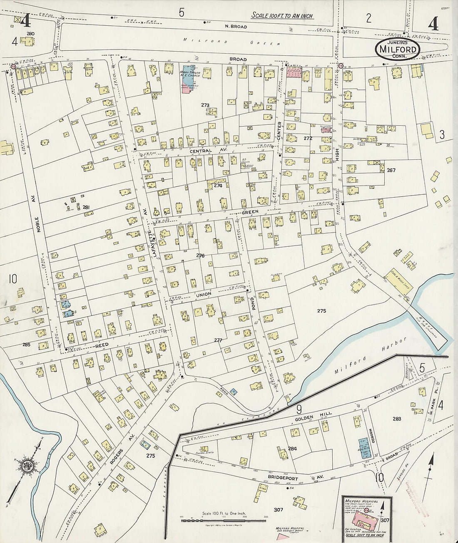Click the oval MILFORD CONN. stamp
coord(398,49)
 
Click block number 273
coord(204,105)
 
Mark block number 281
coord(86,207)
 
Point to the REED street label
coord(102,345)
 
